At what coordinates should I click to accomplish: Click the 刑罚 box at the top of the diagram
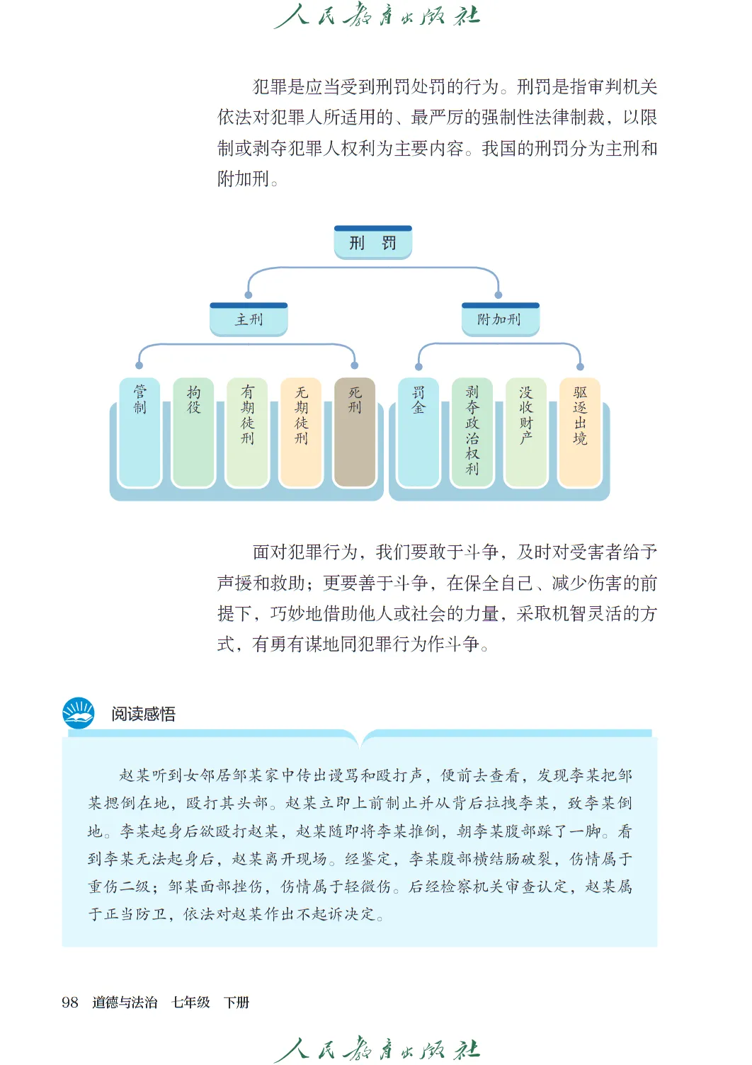tap(372, 243)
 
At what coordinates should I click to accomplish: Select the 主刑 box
tap(249, 319)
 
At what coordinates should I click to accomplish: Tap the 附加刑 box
tap(499, 319)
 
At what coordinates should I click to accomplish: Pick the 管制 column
tap(139, 433)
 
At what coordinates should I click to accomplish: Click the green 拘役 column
tap(193, 433)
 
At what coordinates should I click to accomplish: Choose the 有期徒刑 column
tap(247, 433)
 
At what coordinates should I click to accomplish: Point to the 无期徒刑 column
tap(301, 433)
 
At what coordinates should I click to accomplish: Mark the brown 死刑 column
tap(355, 433)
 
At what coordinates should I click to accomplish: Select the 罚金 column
tap(418, 433)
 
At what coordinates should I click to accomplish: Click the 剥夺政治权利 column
tap(472, 433)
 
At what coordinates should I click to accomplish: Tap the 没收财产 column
tap(526, 433)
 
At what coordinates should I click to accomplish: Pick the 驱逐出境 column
tap(580, 433)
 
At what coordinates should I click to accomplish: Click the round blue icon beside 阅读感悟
tap(78, 713)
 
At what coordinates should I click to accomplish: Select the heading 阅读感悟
tap(143, 714)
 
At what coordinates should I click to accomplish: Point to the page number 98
tap(70, 1002)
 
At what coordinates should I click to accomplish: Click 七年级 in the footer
tap(190, 1002)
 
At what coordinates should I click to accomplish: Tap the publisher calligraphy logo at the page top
tap(377, 16)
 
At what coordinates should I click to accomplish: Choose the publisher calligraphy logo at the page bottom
tap(377, 1049)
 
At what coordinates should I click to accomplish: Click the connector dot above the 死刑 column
tap(355, 365)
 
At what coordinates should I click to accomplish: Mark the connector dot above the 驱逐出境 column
tap(580, 367)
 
